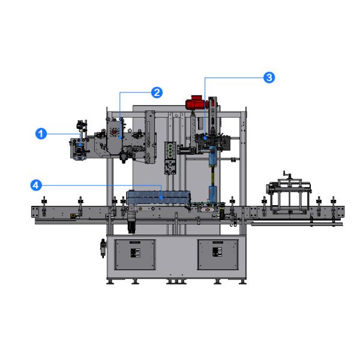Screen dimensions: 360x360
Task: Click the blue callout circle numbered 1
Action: (x=41, y=134)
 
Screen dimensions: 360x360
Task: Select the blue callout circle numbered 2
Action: (x=157, y=92)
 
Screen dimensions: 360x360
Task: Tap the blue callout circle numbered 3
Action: (x=269, y=77)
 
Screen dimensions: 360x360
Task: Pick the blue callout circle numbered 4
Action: (x=36, y=185)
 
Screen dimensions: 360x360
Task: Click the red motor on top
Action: (x=194, y=103)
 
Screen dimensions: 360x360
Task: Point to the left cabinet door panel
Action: (x=135, y=254)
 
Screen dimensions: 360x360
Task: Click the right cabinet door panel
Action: (x=218, y=254)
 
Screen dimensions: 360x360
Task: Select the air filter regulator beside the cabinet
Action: (x=103, y=248)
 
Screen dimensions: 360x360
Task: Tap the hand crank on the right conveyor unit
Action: (x=287, y=175)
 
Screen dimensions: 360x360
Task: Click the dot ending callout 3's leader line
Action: (x=205, y=138)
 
